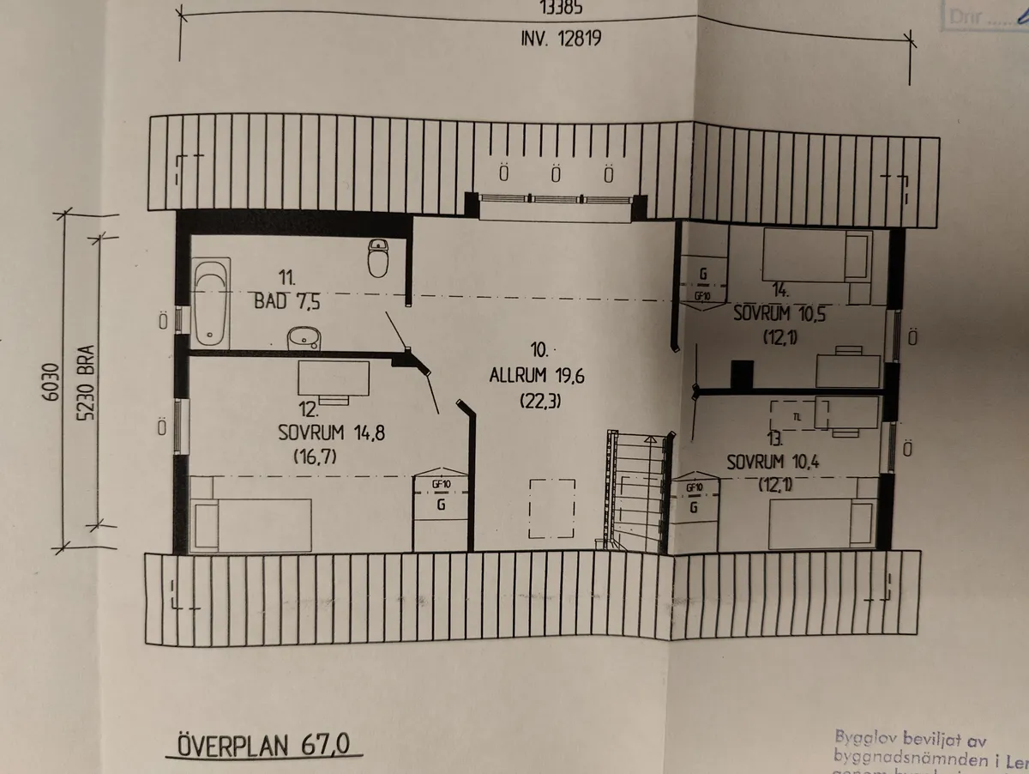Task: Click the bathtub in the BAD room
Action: click(x=211, y=304)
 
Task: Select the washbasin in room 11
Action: click(x=301, y=338)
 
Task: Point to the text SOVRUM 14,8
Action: click(x=331, y=432)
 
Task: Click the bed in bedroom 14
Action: click(x=816, y=255)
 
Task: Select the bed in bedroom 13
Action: click(x=821, y=524)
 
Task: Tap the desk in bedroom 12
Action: click(x=334, y=378)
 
